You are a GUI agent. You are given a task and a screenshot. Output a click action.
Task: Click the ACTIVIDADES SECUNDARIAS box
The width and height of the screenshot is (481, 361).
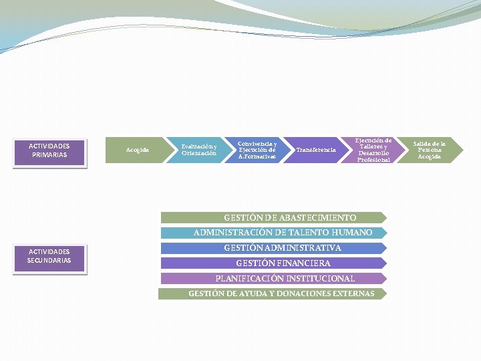[49, 257]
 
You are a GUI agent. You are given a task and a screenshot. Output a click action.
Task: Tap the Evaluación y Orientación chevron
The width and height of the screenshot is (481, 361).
[198, 150]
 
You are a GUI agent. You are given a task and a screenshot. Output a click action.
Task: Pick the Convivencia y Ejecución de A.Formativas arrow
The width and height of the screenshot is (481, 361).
[257, 150]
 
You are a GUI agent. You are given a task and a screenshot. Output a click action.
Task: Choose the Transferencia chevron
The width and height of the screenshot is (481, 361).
[315, 150]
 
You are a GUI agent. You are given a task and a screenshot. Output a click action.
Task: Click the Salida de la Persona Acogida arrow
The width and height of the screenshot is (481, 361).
[429, 150]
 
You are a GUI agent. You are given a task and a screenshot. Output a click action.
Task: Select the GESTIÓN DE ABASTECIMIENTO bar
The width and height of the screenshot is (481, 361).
[274, 217]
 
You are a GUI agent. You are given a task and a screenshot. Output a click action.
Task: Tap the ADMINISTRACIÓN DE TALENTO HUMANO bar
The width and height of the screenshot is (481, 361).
[274, 233]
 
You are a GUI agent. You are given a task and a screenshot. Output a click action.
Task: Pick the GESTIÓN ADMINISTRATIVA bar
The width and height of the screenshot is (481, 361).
[274, 248]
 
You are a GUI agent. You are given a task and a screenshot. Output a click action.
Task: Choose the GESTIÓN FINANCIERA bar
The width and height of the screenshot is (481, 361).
[274, 263]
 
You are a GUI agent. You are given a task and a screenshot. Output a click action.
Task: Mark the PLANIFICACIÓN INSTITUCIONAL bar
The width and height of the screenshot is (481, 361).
[274, 278]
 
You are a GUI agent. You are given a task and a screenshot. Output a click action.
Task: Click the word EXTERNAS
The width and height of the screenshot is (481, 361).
[353, 293]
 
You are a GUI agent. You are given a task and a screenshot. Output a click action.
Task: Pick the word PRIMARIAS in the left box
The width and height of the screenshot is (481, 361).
[49, 155]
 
